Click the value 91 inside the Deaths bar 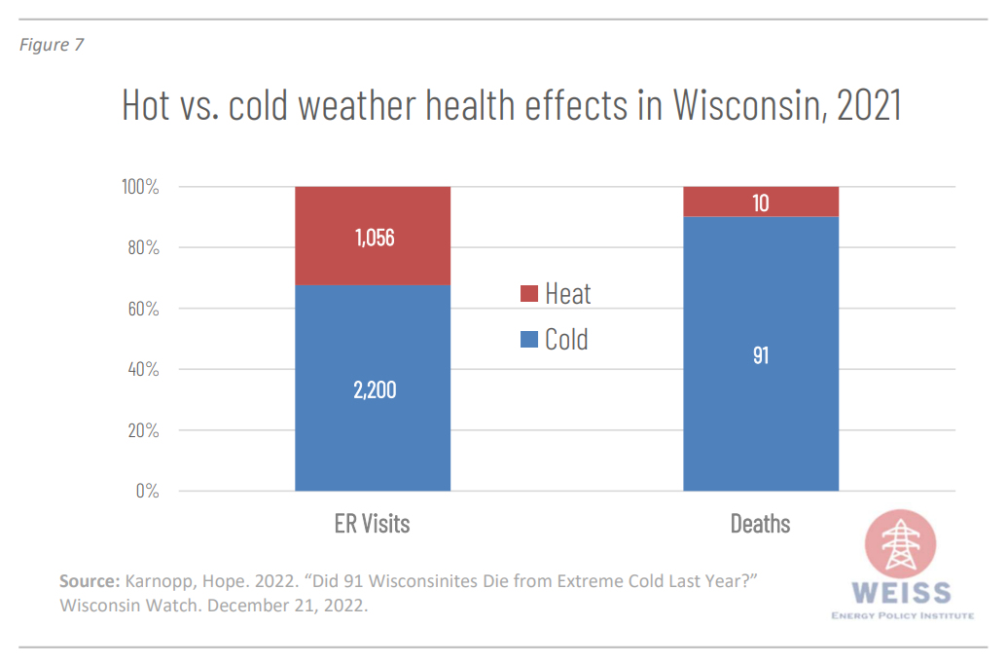pos(761,355)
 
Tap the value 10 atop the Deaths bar pos(761,203)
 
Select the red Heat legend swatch pos(529,294)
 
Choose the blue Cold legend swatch pos(529,340)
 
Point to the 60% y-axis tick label pos(142,309)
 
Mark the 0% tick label pos(147,491)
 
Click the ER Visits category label pos(373,524)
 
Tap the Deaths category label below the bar pos(761,524)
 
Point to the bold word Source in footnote pos(89,581)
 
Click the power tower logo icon pos(900,546)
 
